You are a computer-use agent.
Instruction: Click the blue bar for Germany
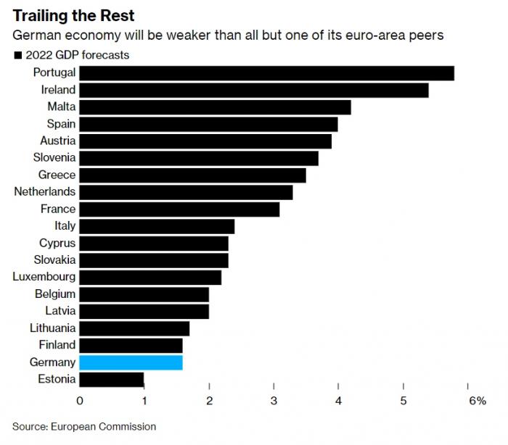[x=131, y=362]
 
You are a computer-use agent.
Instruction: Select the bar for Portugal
[x=266, y=73]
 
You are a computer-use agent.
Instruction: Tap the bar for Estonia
[x=111, y=379]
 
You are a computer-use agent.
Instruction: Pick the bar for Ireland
[x=253, y=90]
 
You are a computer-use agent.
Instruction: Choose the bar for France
[x=179, y=209]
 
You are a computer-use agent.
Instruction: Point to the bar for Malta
[x=215, y=107]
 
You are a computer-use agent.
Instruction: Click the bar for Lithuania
[x=134, y=328]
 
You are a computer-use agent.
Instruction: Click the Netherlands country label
[x=45, y=192]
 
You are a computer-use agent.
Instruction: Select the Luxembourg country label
[x=44, y=277]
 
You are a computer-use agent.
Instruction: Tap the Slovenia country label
[x=54, y=158]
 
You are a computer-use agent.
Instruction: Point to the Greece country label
[x=57, y=175]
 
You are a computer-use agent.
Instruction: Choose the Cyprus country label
[x=57, y=243]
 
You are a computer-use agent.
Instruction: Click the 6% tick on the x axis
[x=477, y=400]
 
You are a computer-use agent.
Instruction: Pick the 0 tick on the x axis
[x=80, y=400]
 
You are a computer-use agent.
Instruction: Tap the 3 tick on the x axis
[x=274, y=400]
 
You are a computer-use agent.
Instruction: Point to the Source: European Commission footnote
[x=84, y=427]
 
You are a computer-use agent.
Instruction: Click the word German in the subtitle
[x=33, y=36]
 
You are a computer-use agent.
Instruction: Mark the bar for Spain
[x=208, y=124]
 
